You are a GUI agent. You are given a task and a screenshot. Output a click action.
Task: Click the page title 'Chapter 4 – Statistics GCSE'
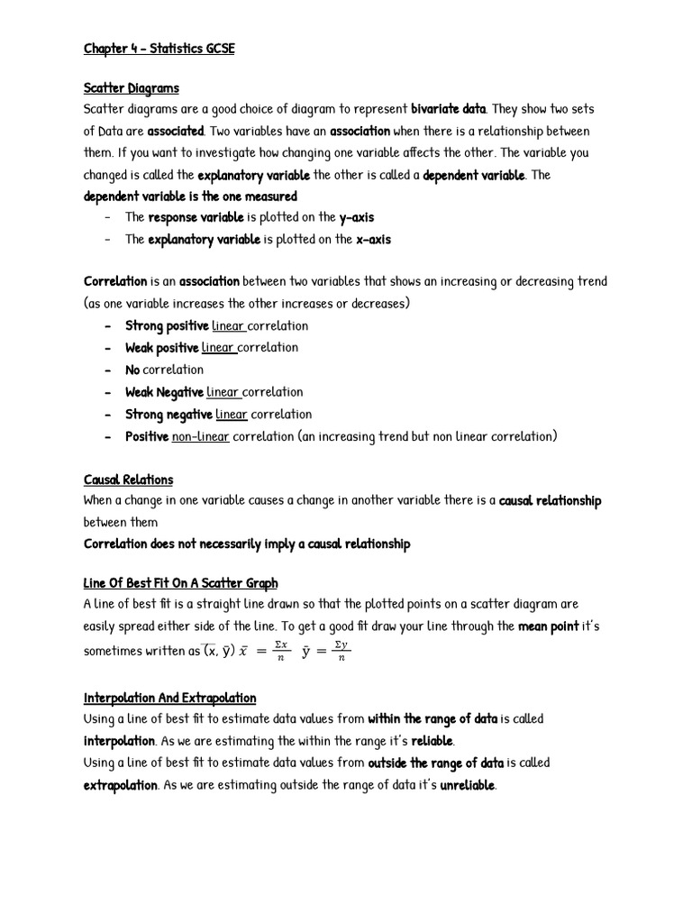(159, 49)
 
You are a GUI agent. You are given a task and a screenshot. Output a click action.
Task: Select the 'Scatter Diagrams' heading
(131, 87)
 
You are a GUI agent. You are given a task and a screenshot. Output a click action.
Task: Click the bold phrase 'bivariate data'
(449, 109)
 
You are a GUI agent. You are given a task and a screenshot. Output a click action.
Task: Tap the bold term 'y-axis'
(356, 217)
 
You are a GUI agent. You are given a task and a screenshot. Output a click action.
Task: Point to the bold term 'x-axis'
(373, 240)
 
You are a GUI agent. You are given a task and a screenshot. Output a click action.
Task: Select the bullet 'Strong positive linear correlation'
(216, 326)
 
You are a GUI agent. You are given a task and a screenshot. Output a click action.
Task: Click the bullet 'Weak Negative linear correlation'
(214, 392)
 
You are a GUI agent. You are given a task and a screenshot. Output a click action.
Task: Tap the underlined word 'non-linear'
(200, 436)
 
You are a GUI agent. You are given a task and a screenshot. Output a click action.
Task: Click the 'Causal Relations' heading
(128, 480)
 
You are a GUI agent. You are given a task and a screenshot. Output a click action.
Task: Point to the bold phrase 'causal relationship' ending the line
(550, 501)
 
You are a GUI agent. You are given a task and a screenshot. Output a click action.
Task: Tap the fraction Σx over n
(280, 651)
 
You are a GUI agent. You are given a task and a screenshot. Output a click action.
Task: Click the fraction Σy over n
(341, 651)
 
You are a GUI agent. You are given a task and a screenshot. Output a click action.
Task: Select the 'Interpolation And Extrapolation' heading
(169, 698)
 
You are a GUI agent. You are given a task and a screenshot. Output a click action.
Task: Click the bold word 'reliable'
(432, 742)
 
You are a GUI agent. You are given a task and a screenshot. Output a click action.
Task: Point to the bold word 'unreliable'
(467, 785)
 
